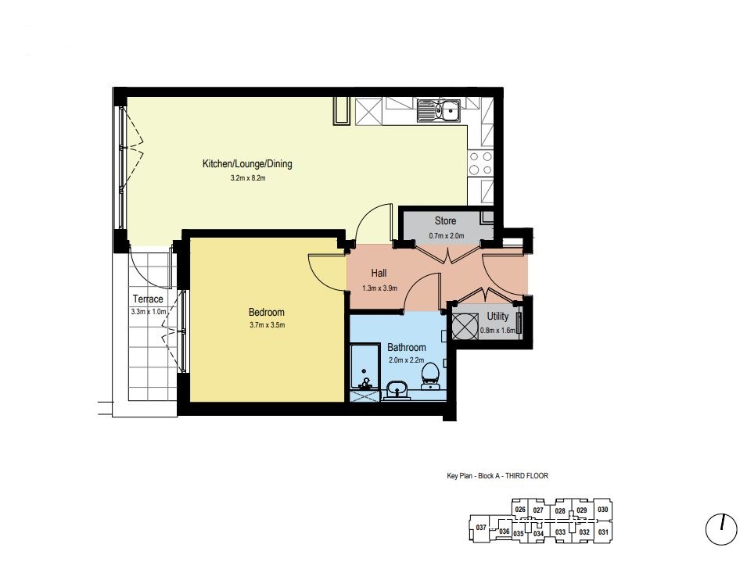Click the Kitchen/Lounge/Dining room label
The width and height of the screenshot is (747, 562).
[x=247, y=164]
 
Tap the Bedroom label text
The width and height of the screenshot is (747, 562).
[x=266, y=313]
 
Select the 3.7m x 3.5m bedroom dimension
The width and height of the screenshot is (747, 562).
[x=268, y=325]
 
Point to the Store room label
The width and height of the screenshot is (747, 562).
[x=445, y=220]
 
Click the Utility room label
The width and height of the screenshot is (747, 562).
[x=497, y=316]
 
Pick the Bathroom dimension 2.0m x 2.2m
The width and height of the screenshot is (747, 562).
[x=407, y=360]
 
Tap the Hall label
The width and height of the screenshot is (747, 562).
[x=379, y=273]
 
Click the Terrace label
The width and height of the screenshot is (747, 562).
[x=148, y=299]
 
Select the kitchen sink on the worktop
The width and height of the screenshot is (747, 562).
[x=438, y=110]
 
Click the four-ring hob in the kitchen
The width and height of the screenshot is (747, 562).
[x=480, y=163]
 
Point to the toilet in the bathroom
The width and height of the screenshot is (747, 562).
[x=430, y=377]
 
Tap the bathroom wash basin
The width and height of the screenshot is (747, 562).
[x=397, y=390]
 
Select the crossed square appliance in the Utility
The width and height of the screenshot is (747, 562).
[x=465, y=327]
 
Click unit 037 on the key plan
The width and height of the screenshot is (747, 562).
[x=481, y=528]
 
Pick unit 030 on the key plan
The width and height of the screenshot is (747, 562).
[x=602, y=509]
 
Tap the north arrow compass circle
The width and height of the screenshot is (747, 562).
[x=721, y=529]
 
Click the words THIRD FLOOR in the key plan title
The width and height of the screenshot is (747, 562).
[x=526, y=475]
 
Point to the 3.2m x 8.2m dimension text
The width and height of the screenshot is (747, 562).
[x=248, y=178]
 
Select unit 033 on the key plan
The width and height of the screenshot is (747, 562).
[x=560, y=532]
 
